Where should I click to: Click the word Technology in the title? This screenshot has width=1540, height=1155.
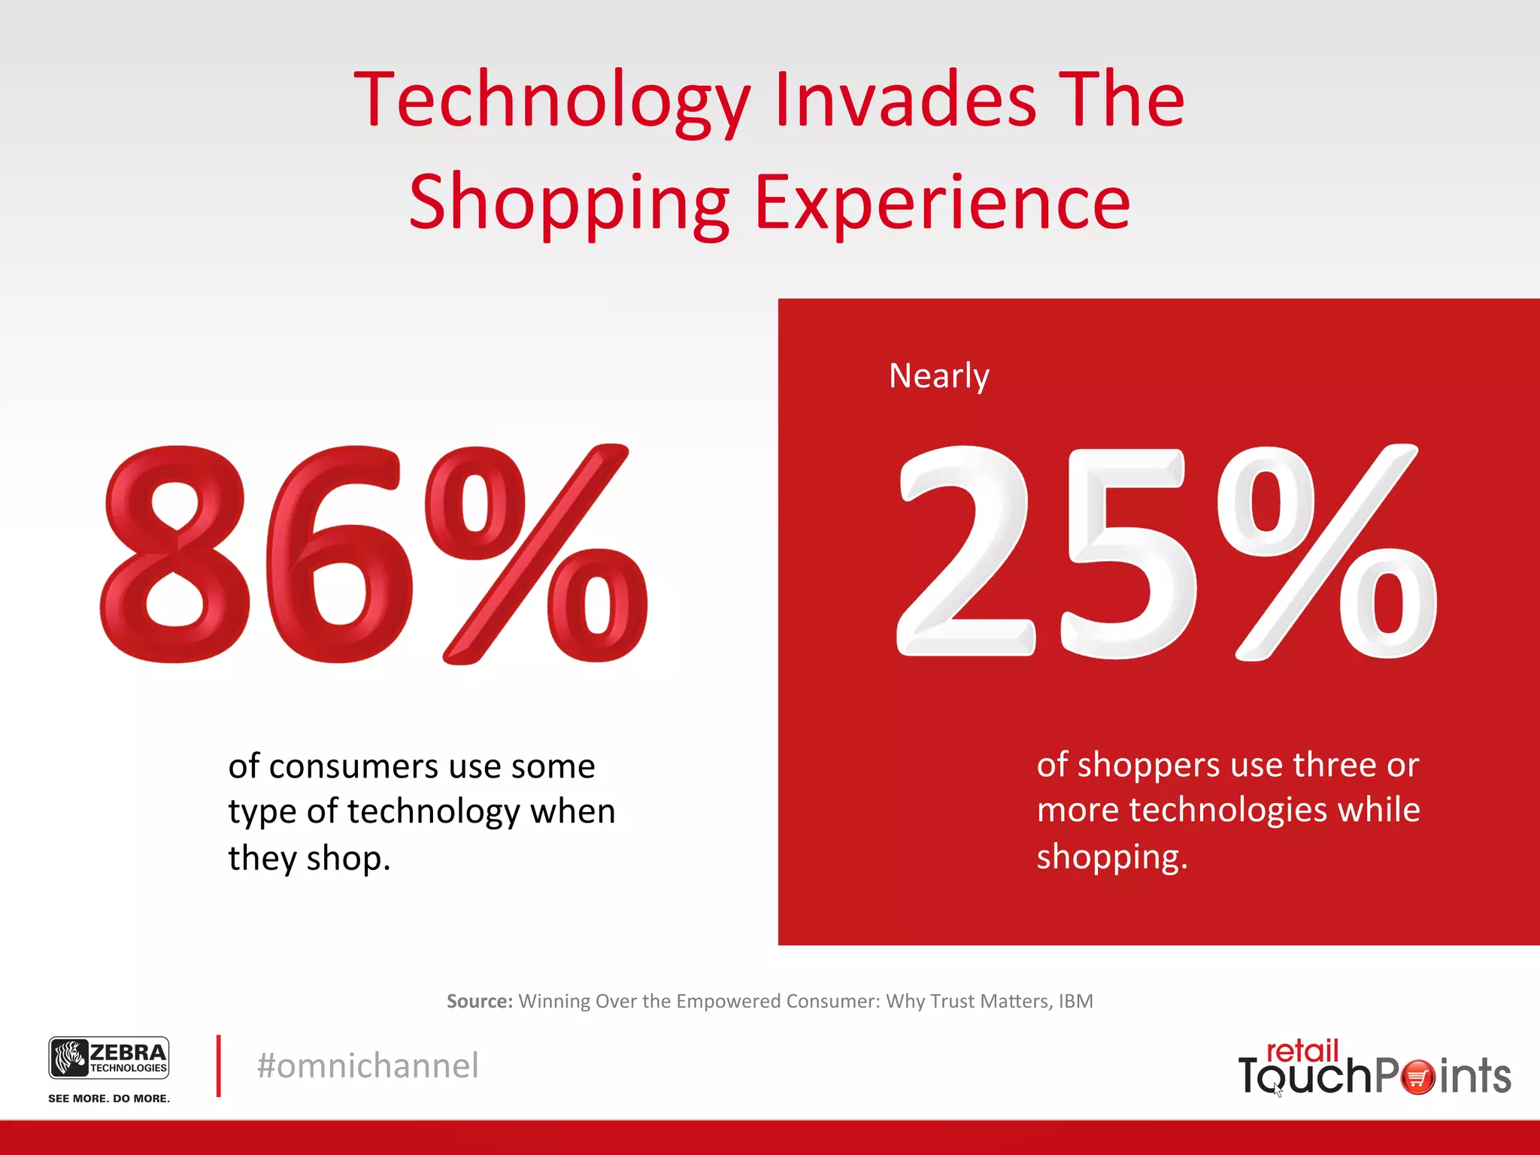pyautogui.click(x=553, y=102)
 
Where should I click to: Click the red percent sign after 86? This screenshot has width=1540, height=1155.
pyautogui.click(x=535, y=554)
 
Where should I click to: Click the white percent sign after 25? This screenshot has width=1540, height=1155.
pyautogui.click(x=1327, y=553)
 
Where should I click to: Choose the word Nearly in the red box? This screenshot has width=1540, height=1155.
pyautogui.click(x=938, y=376)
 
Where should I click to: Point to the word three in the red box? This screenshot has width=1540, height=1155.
pyautogui.click(x=1335, y=765)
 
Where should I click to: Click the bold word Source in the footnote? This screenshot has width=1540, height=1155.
pyautogui.click(x=479, y=1002)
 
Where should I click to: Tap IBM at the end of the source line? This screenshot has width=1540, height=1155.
pyautogui.click(x=1075, y=1002)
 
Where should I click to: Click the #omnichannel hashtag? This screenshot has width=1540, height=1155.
pyautogui.click(x=368, y=1066)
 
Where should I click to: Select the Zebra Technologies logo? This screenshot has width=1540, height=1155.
pyautogui.click(x=109, y=1058)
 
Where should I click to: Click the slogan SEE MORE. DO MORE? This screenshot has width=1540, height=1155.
pyautogui.click(x=109, y=1099)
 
